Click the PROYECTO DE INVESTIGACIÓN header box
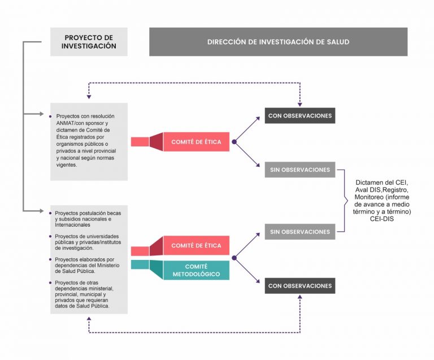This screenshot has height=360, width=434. [x=89, y=42]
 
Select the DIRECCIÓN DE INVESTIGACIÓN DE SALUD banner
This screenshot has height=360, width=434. [x=278, y=42]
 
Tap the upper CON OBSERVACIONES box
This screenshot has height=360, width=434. [x=300, y=116]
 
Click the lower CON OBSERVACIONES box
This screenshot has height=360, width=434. [x=300, y=286]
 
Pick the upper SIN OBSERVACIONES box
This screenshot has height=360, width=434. [x=300, y=170]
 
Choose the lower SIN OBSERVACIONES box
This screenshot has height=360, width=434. [x=300, y=232]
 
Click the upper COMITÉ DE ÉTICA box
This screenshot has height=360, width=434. [x=196, y=142]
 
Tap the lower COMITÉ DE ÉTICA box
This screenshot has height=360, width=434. [x=196, y=245]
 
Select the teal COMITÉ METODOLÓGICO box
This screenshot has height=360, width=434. [x=196, y=270]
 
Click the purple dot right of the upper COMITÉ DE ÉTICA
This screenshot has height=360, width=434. [x=234, y=142]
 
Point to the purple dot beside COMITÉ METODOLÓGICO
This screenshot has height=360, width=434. [x=234, y=258]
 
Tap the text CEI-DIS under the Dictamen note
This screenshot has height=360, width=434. [x=382, y=219]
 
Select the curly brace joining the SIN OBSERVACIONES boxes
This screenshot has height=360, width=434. [x=345, y=201]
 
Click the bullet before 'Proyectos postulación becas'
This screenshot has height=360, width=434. [x=50, y=213]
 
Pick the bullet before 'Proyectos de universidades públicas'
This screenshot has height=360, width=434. [x=50, y=236]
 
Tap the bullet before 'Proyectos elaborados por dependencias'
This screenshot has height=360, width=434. [x=50, y=259]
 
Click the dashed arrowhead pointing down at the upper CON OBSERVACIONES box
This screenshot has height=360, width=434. [x=300, y=105]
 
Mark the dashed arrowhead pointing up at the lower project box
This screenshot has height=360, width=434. [x=89, y=319]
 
